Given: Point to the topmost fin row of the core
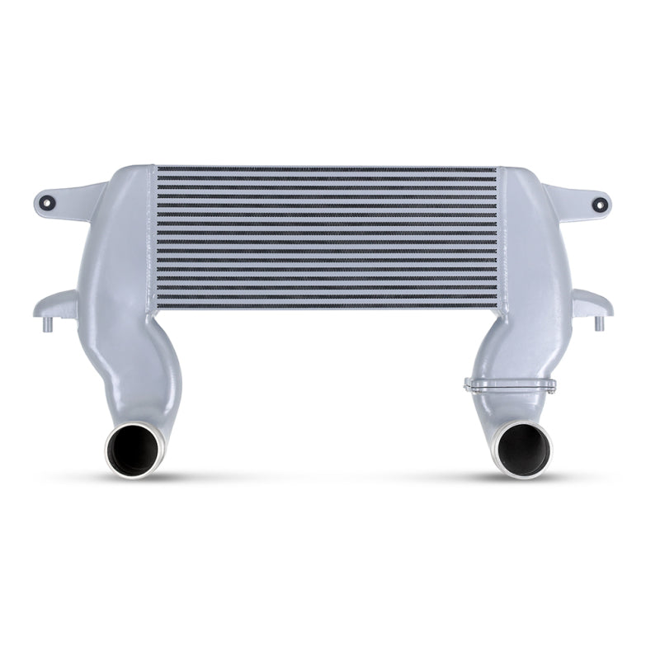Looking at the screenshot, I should pyautogui.click(x=328, y=170).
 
